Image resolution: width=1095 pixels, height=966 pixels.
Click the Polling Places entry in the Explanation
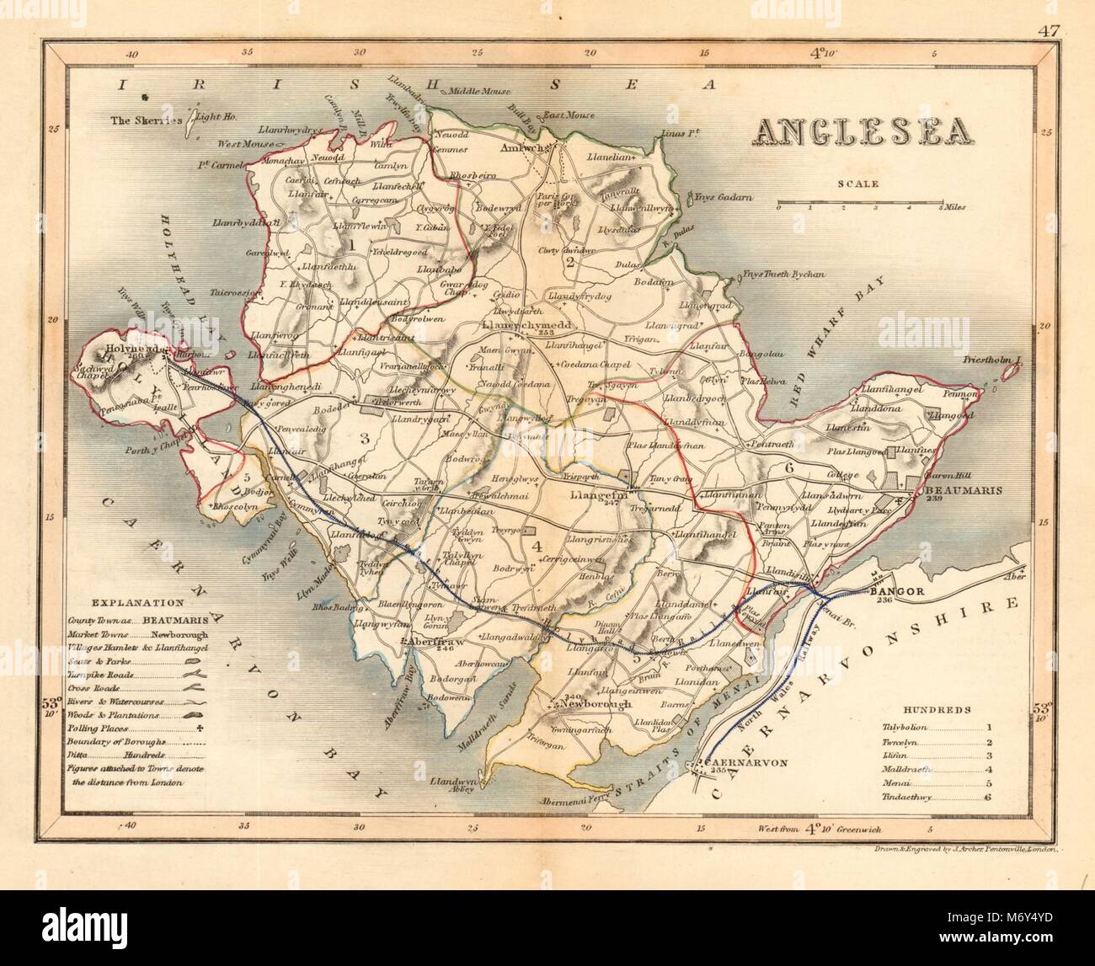(100, 727)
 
